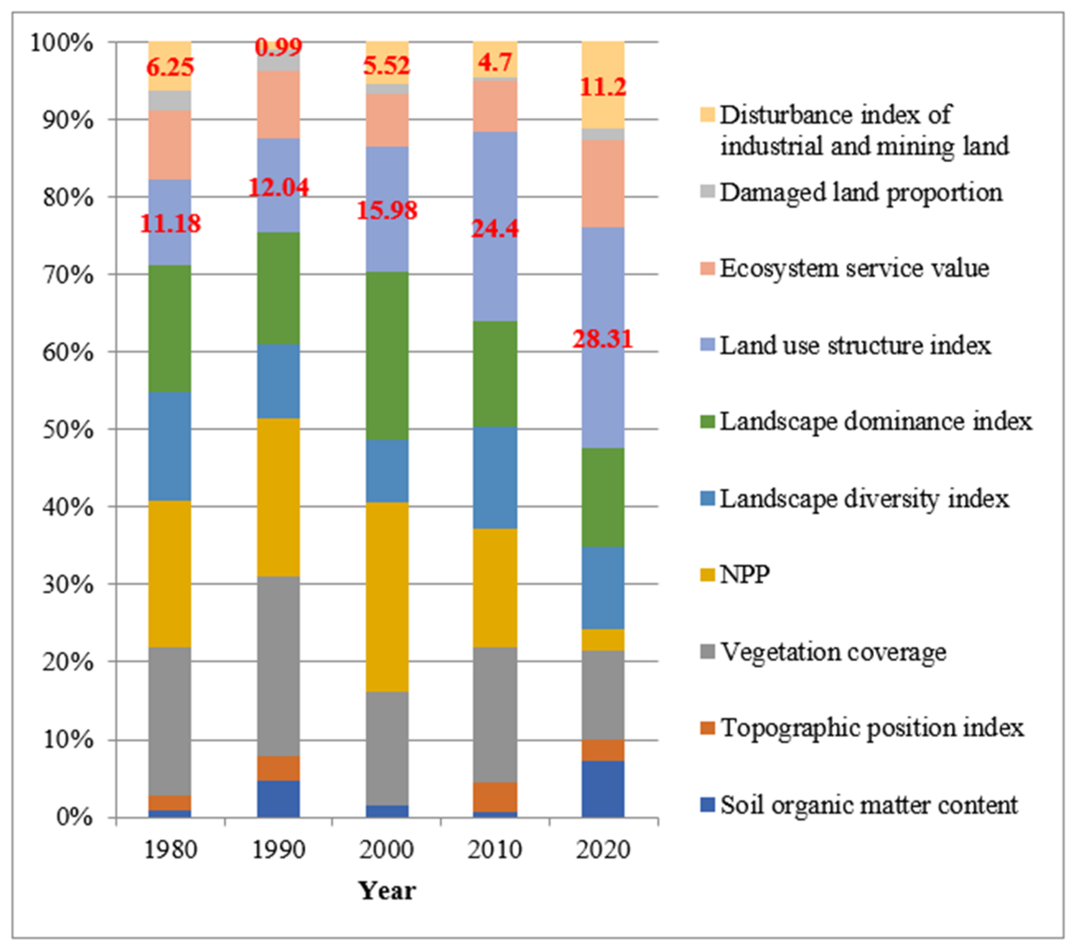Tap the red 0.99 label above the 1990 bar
tap(278, 47)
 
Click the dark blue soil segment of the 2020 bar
tap(603, 789)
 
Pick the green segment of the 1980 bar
tap(170, 328)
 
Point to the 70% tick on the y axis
tap(68, 275)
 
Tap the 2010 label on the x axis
tap(494, 850)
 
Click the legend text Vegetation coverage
tap(833, 652)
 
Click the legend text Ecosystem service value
tap(854, 269)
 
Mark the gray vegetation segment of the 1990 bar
tap(278, 666)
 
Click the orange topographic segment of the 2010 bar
tap(494, 797)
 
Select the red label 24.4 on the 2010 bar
tap(494, 228)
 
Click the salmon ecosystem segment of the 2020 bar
tap(603, 183)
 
